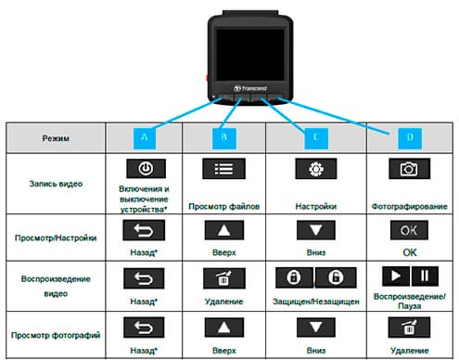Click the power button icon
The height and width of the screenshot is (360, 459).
click(144, 170)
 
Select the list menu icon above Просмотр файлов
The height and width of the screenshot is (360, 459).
click(224, 170)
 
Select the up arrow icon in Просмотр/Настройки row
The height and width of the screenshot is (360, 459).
click(224, 227)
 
